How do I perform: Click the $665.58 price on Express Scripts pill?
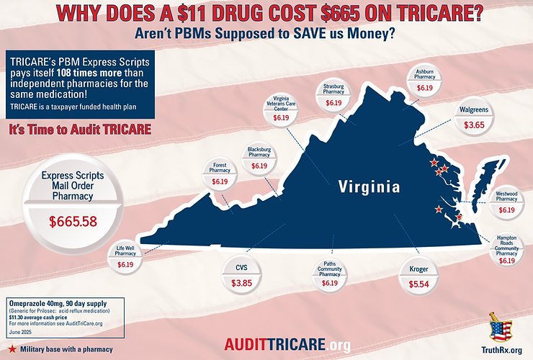coord(73,222)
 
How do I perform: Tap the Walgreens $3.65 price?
coord(474,125)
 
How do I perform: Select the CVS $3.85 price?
coord(242,284)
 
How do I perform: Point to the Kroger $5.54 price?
coord(418,286)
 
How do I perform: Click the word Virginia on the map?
coord(369,187)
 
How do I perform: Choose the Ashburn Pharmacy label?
coord(424,75)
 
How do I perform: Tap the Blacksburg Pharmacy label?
coord(259,152)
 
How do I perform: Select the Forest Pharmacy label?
coord(220,168)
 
